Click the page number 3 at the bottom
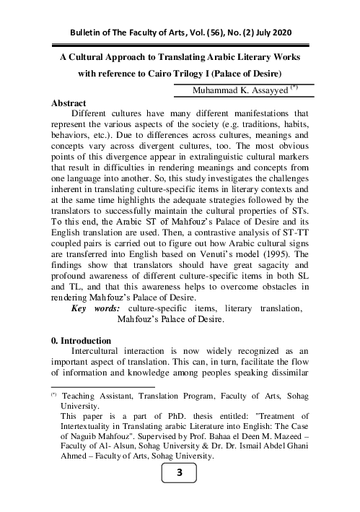(x=180, y=493)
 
